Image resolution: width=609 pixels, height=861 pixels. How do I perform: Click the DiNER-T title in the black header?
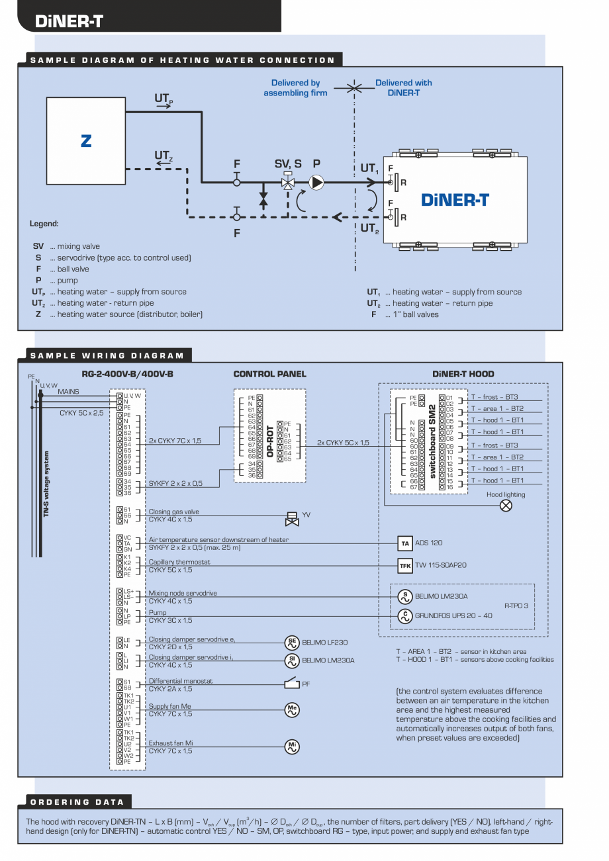point(69,21)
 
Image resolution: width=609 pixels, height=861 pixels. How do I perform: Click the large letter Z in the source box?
point(86,140)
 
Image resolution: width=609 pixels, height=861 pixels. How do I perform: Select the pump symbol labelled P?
point(317,182)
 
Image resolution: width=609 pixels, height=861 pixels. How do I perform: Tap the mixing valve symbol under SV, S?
point(288,183)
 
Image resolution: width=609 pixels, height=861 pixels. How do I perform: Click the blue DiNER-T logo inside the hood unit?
point(455,199)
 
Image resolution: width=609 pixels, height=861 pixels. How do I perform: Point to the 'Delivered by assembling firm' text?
point(295,88)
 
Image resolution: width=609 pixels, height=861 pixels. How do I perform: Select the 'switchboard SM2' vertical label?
point(432,442)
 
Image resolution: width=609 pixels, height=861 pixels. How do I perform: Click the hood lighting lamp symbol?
point(506,505)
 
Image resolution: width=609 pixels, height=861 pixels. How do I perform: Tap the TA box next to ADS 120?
point(405,543)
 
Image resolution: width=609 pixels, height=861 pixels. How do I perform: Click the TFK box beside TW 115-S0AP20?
point(405,566)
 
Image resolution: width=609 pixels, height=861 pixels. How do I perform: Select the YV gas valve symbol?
point(291,518)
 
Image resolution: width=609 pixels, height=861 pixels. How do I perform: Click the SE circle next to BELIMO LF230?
point(291,642)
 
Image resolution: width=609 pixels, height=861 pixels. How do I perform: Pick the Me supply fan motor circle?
point(291,709)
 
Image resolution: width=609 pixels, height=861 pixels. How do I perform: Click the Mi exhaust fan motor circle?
point(291,747)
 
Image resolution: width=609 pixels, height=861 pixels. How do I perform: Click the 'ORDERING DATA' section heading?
point(69,801)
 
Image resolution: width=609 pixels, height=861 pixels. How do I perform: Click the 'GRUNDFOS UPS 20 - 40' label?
point(453,615)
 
